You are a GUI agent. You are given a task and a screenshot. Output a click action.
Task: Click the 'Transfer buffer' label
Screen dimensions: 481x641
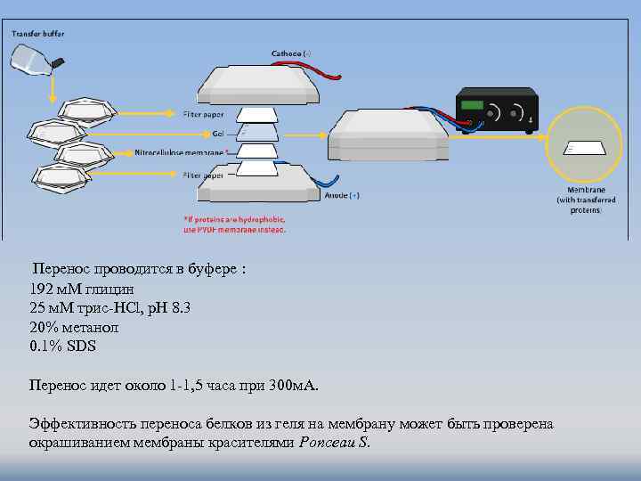37,34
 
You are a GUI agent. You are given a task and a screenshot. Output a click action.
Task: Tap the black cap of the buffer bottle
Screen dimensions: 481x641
59,62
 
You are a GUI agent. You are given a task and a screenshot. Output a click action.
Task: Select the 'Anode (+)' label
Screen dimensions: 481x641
342,194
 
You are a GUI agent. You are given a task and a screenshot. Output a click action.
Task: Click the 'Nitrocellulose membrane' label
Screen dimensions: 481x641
181,152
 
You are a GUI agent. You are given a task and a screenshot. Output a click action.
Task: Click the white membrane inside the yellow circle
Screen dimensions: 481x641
585,149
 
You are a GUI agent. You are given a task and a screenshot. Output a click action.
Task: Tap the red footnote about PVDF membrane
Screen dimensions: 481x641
234,224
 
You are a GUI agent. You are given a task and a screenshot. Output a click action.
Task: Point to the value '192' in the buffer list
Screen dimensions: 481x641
41,289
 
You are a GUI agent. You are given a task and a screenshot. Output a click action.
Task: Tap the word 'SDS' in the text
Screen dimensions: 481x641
80,346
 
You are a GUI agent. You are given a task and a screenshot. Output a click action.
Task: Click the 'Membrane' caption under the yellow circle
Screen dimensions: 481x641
584,192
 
